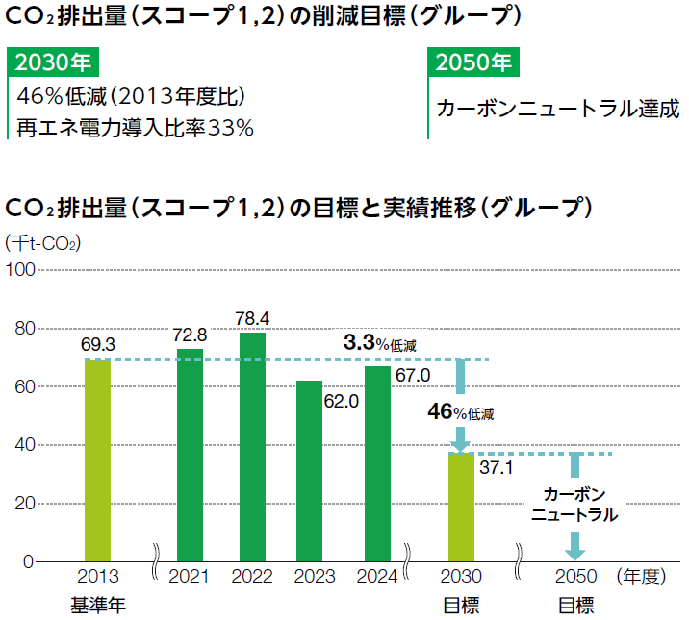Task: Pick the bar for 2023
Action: [309, 470]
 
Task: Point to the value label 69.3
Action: [97, 343]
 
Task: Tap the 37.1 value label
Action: [496, 468]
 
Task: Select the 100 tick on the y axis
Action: [20, 271]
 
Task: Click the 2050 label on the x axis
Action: [575, 577]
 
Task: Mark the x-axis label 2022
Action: [252, 577]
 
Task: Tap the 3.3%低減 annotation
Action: [380, 343]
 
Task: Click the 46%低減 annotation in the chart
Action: [461, 412]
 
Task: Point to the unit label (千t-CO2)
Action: [43, 242]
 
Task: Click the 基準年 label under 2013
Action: [97, 606]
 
